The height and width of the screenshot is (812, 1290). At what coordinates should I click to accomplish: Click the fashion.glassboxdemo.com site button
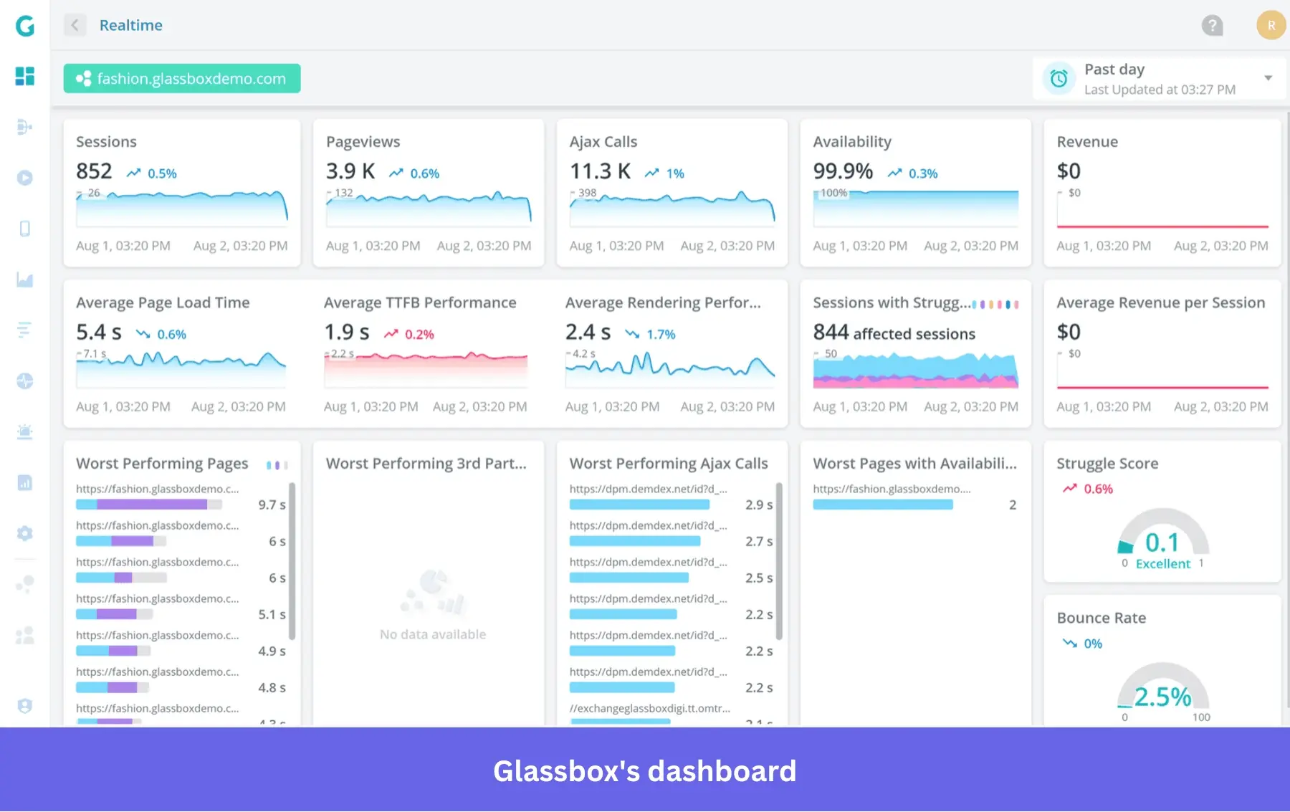point(181,79)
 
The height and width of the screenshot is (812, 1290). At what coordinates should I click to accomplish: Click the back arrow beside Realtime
point(75,25)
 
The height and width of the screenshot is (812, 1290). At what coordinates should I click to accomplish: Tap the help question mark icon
point(1212,26)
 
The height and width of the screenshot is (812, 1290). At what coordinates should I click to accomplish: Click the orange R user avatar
point(1271,26)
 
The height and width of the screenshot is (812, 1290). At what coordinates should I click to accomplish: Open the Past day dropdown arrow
point(1268,78)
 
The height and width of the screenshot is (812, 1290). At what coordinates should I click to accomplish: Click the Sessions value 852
point(94,171)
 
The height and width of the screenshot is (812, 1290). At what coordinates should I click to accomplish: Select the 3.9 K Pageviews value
point(350,171)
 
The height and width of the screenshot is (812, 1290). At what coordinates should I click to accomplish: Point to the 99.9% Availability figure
point(842,171)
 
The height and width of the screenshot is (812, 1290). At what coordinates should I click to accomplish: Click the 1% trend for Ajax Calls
point(674,173)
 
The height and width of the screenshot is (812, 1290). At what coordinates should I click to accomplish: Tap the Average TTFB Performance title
point(419,302)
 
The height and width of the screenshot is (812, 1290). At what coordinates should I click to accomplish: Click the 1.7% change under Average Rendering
point(660,335)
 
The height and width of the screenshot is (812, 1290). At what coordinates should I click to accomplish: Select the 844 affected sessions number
point(831,333)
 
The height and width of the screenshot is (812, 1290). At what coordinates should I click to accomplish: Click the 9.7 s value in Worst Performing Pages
point(272,505)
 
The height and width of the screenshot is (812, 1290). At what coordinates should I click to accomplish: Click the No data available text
point(433,634)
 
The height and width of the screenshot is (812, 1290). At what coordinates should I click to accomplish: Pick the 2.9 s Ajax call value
point(758,505)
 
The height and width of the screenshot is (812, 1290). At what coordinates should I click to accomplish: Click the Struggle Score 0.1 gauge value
point(1162,543)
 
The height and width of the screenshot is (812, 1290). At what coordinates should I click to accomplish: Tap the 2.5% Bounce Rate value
point(1162,697)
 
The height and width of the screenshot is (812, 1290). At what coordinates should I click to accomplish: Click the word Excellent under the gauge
point(1162,564)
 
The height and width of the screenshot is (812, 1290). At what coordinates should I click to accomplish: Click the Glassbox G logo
point(25,27)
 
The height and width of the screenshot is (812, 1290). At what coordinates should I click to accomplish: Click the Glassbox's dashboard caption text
point(644,771)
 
